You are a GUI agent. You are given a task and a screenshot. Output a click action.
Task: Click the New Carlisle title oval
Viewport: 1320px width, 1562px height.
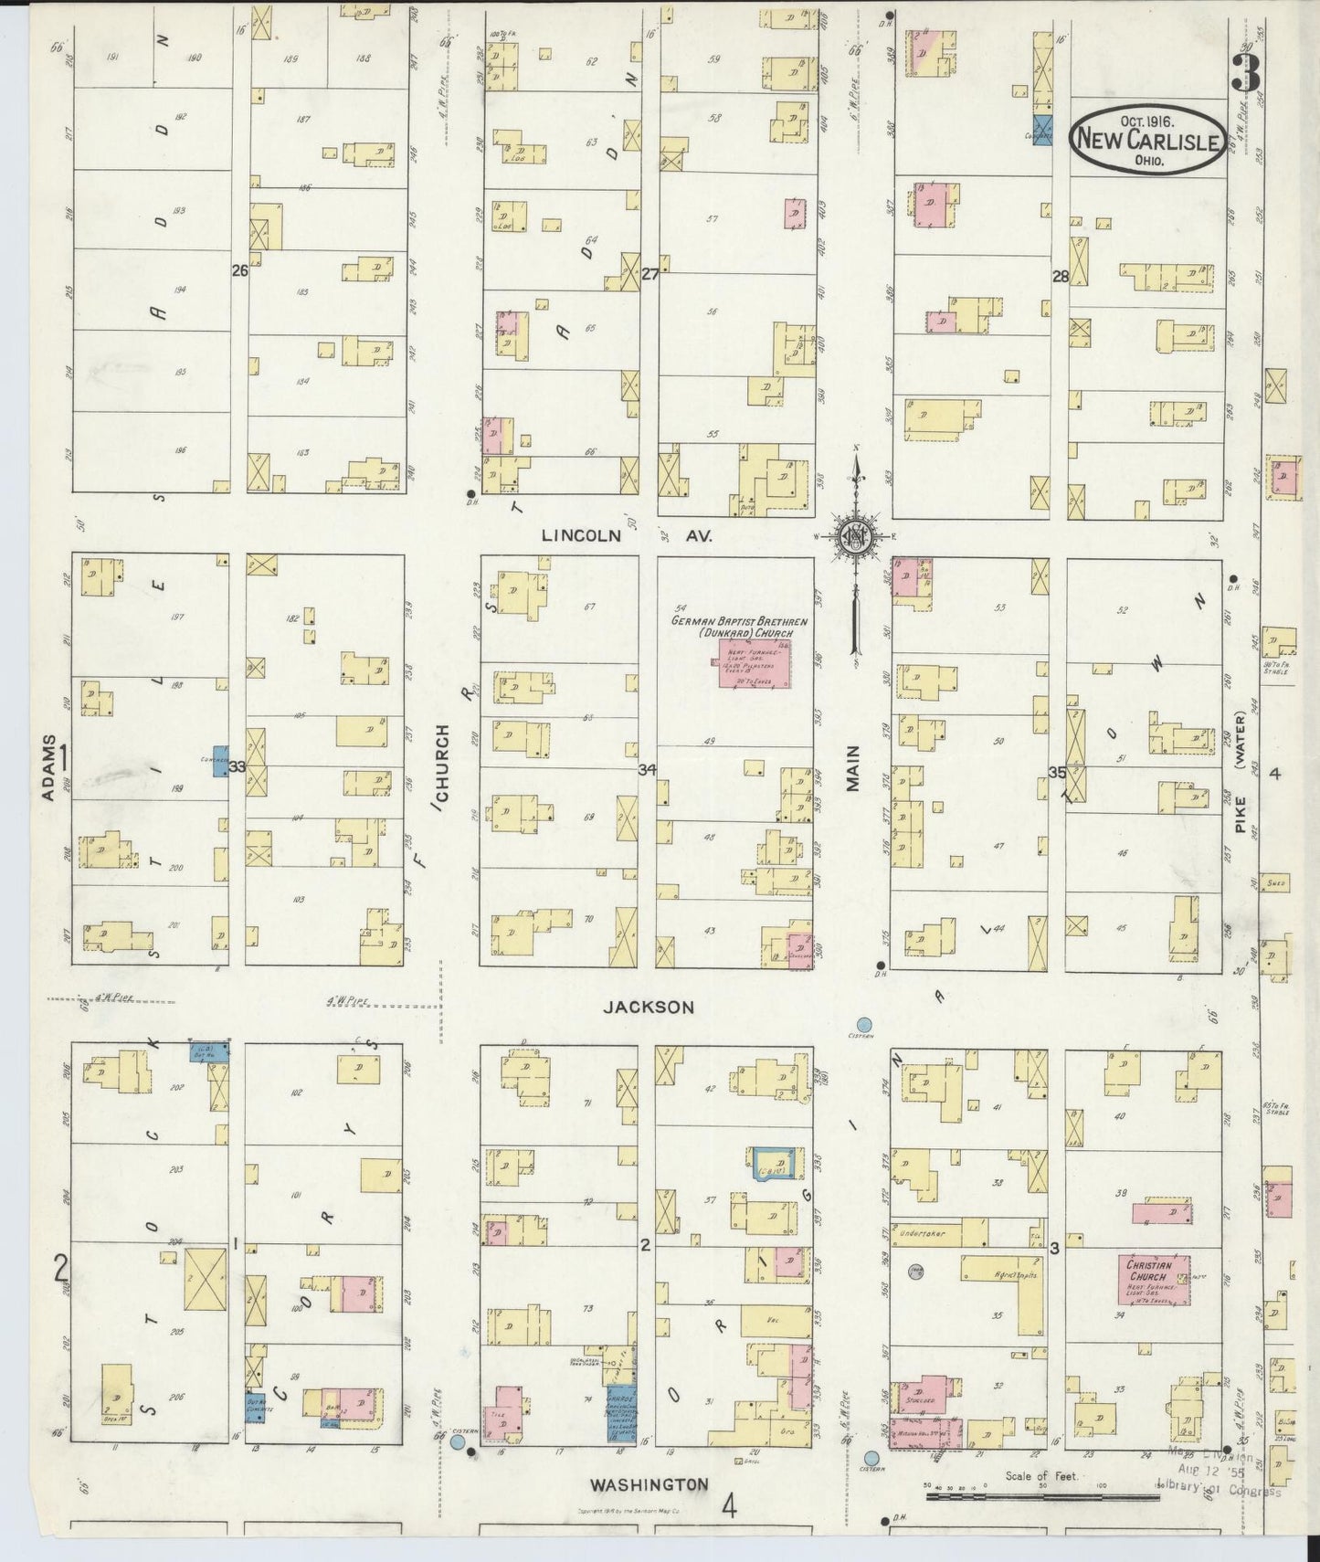coord(1148,141)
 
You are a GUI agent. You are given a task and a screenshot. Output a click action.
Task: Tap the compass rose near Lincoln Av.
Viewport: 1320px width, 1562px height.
coord(856,537)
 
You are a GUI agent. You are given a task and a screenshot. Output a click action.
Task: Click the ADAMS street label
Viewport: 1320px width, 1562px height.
coord(48,767)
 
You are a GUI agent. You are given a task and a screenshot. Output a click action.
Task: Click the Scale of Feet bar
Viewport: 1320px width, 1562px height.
coord(1040,1497)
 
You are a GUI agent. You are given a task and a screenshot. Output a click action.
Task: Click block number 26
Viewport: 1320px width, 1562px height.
coord(240,271)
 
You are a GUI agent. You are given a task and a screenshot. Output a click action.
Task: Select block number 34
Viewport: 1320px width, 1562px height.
coord(647,770)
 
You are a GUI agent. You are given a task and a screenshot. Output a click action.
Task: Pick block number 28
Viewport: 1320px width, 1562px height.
coord(1060,276)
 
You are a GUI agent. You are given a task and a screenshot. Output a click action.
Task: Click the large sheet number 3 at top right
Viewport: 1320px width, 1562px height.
coord(1244,71)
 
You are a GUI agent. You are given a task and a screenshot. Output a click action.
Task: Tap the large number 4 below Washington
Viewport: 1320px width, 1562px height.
coord(729,1505)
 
